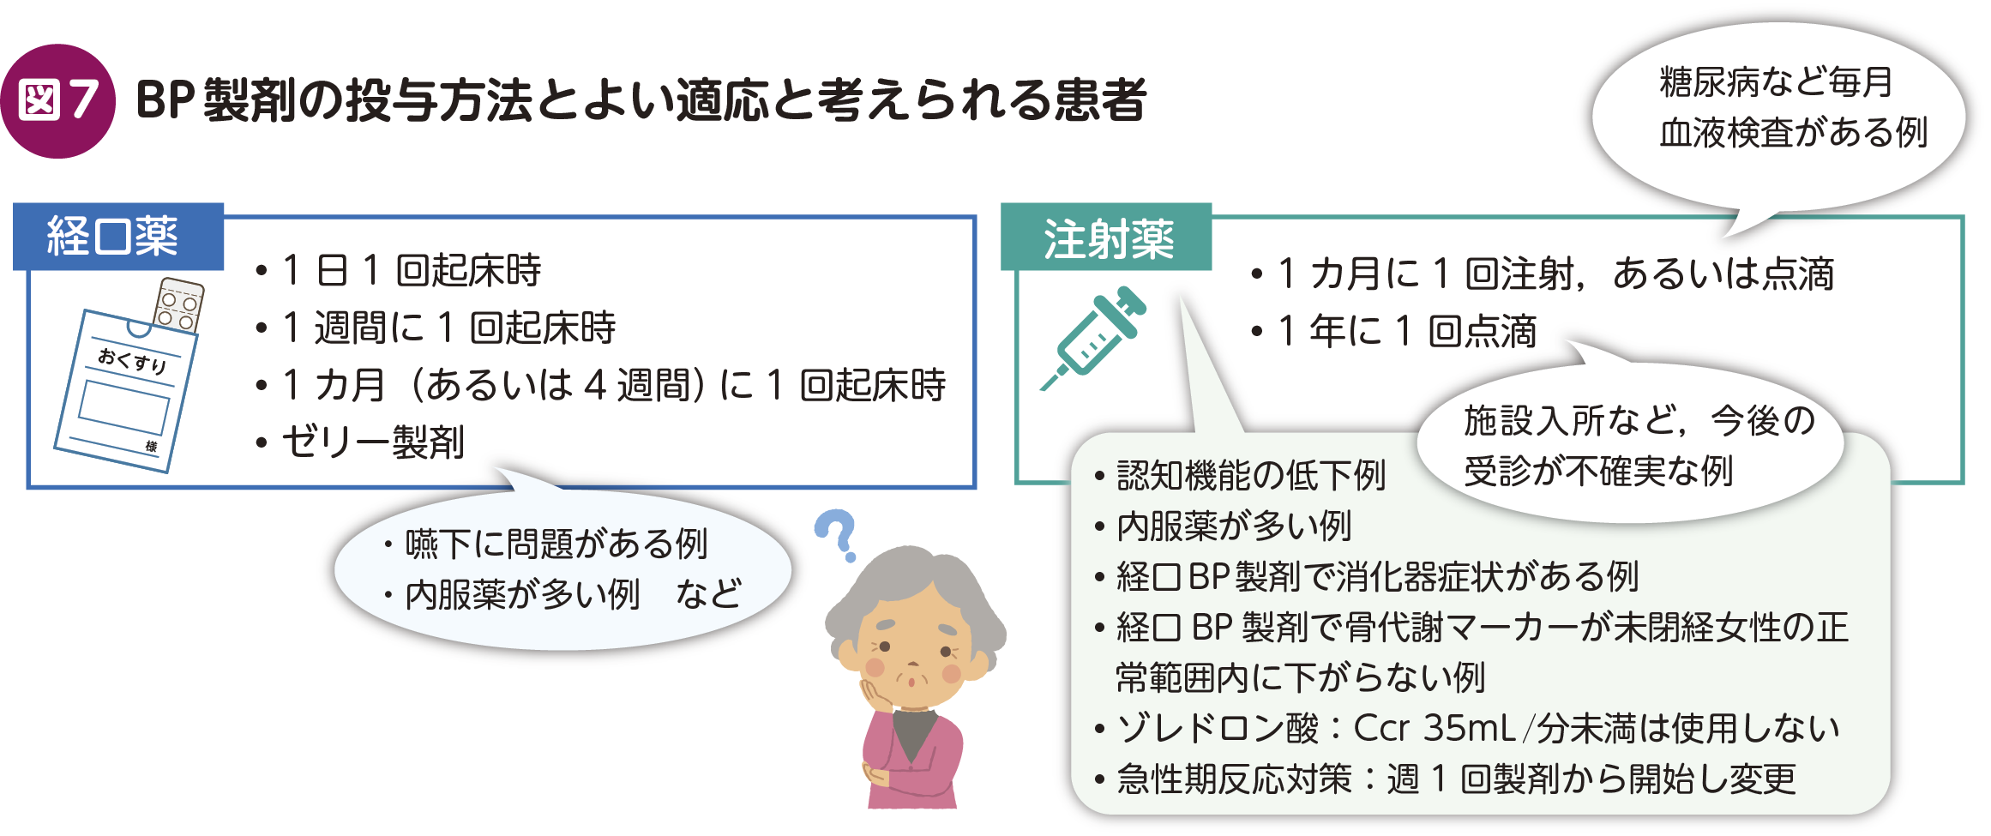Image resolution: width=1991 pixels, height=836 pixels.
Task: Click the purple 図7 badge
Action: [x=57, y=101]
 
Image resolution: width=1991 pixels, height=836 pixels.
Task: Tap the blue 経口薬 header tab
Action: [x=118, y=237]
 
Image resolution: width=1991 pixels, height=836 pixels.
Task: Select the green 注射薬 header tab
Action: [x=1106, y=238]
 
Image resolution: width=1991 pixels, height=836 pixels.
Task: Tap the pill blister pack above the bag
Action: [x=179, y=305]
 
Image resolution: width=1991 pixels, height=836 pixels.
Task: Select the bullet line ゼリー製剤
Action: [x=360, y=442]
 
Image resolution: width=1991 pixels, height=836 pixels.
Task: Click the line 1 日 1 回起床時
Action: [x=399, y=270]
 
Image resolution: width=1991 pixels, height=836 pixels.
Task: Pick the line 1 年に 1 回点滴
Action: [x=1393, y=331]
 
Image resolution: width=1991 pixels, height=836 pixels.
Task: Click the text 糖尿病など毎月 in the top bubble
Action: [x=1776, y=82]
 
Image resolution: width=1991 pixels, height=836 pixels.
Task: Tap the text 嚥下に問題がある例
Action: [x=556, y=544]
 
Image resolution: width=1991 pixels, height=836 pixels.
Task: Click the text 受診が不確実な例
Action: [x=1598, y=471]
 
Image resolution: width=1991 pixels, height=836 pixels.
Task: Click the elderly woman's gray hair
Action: [x=914, y=592]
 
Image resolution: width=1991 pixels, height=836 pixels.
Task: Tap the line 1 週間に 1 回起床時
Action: [x=436, y=328]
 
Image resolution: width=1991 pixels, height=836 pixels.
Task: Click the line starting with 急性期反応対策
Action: [x=1445, y=779]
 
